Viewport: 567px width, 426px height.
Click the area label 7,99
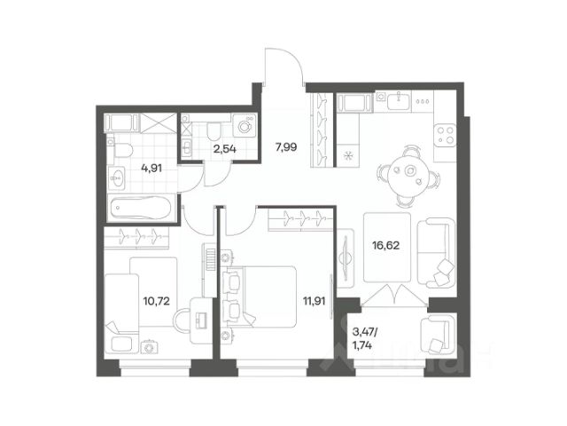tap(286, 147)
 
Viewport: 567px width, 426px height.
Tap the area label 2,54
tap(224, 148)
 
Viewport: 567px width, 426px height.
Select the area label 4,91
tap(151, 168)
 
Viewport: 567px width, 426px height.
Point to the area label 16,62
tap(386, 246)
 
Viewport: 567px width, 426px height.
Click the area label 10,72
tap(157, 301)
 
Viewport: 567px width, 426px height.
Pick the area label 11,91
tap(315, 301)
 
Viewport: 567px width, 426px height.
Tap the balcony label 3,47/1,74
tap(364, 338)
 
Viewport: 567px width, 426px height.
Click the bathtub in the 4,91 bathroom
tap(141, 208)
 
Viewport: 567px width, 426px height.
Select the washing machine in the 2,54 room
tap(245, 125)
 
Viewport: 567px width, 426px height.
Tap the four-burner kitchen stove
tap(445, 135)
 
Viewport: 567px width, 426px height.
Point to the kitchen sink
tap(400, 100)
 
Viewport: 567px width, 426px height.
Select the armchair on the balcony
tap(437, 334)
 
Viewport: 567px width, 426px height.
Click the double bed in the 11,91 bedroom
tap(260, 297)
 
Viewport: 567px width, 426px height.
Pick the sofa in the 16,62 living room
tap(436, 253)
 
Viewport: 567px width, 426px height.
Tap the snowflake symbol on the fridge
tap(347, 156)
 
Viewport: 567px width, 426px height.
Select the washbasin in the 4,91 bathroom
tap(116, 177)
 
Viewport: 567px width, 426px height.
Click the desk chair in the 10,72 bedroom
tap(183, 320)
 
